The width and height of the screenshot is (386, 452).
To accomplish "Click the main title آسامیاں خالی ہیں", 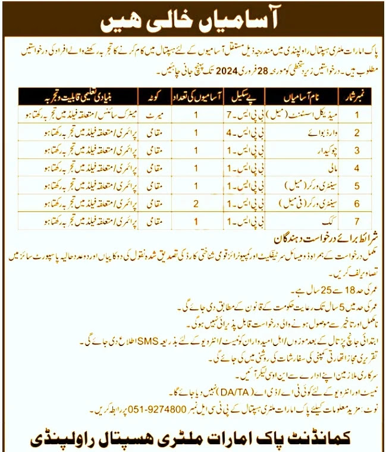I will (x=192, y=20).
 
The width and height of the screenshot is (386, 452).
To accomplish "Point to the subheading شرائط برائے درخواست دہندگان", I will (x=321, y=236).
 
